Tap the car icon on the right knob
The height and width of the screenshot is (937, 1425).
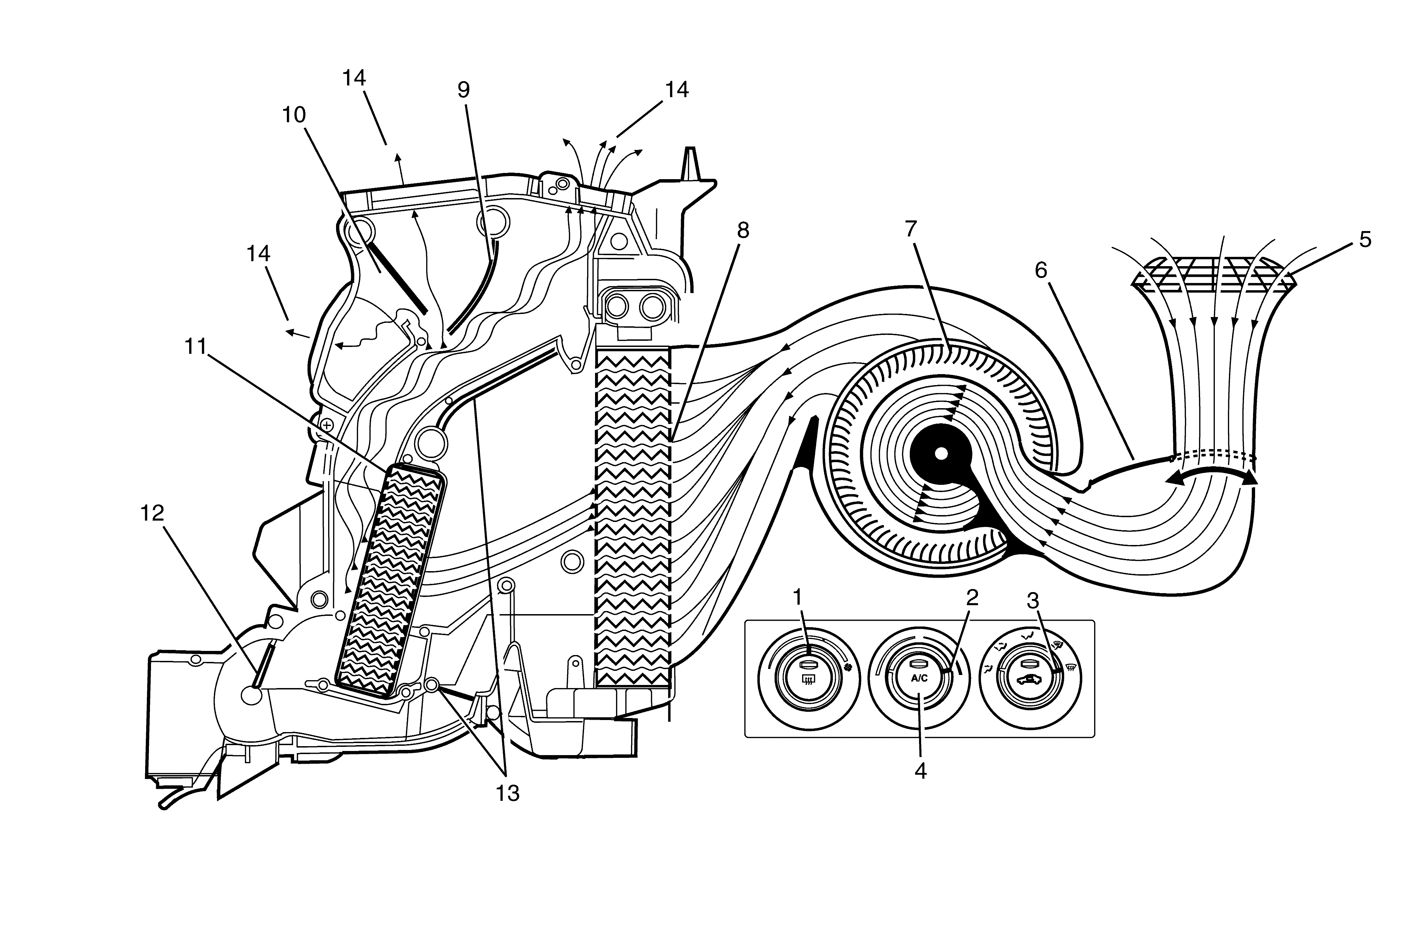pos(1029,679)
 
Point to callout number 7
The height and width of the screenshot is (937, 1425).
pos(911,229)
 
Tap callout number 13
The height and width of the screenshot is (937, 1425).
pos(507,793)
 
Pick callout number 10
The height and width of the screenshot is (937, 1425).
pos(294,115)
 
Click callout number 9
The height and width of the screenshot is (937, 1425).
pos(463,90)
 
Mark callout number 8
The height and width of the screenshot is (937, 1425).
pos(743,230)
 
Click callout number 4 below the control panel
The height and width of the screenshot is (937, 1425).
pos(920,771)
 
